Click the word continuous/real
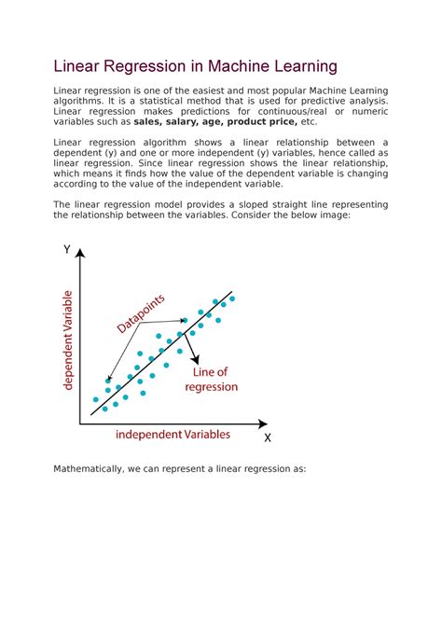287,112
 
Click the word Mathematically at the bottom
86,469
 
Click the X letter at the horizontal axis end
268,437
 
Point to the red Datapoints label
141,313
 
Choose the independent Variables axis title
173,435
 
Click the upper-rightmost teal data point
232,299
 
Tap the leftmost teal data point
95,399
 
